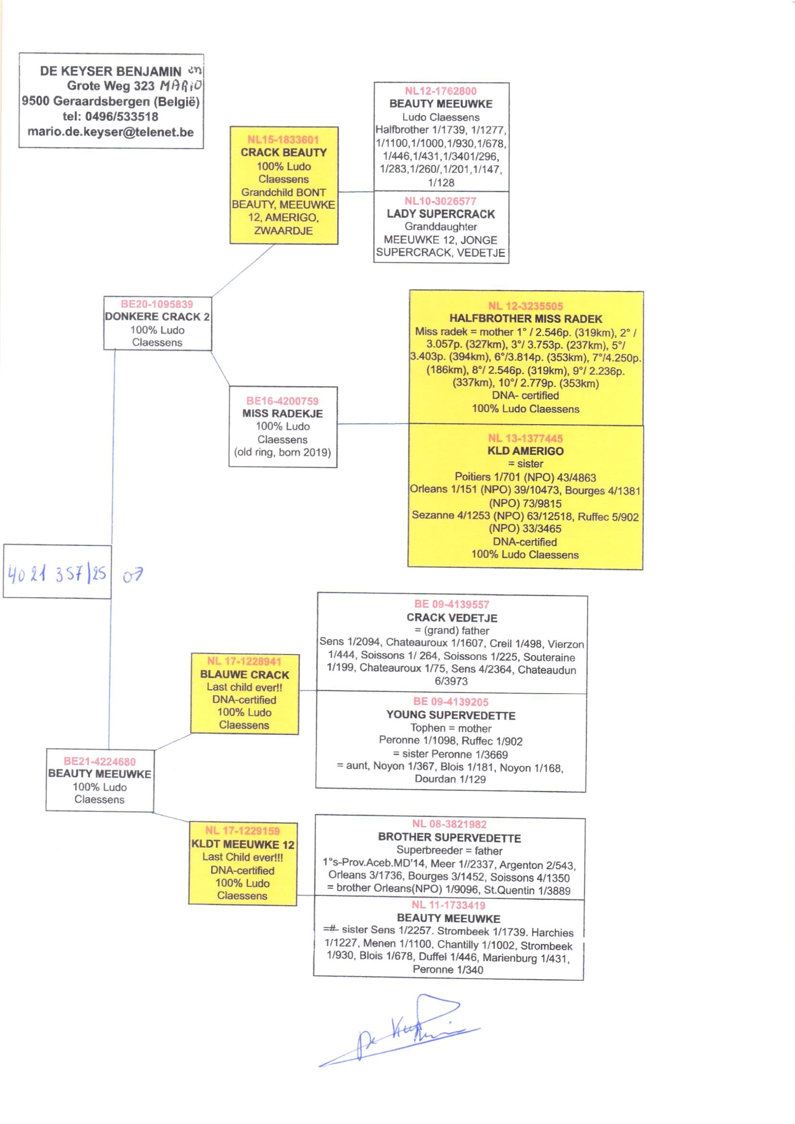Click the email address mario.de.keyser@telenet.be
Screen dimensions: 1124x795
coord(111,132)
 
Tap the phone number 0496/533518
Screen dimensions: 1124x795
coord(122,116)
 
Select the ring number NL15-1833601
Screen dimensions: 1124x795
coord(283,139)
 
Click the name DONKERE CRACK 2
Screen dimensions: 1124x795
coord(157,317)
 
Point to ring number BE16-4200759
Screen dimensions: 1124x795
coord(283,401)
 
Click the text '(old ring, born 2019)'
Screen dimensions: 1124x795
coord(283,452)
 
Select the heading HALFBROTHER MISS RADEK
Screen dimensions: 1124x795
coord(525,319)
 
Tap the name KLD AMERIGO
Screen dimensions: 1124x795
coord(525,451)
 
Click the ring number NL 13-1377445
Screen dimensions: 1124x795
coord(525,438)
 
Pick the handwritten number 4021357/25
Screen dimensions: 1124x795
coord(57,573)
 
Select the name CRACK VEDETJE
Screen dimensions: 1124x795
coord(451,618)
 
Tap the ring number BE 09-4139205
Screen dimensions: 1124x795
coord(451,702)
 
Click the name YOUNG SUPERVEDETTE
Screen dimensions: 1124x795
coord(451,715)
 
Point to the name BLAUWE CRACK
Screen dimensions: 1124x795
coord(244,674)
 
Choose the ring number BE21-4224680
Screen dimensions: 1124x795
coord(99,761)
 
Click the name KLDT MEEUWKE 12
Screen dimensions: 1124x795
coord(243,845)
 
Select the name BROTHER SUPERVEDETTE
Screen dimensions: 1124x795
coord(449,837)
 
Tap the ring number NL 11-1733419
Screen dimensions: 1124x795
coord(448,905)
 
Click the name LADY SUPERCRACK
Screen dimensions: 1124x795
coord(441,214)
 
